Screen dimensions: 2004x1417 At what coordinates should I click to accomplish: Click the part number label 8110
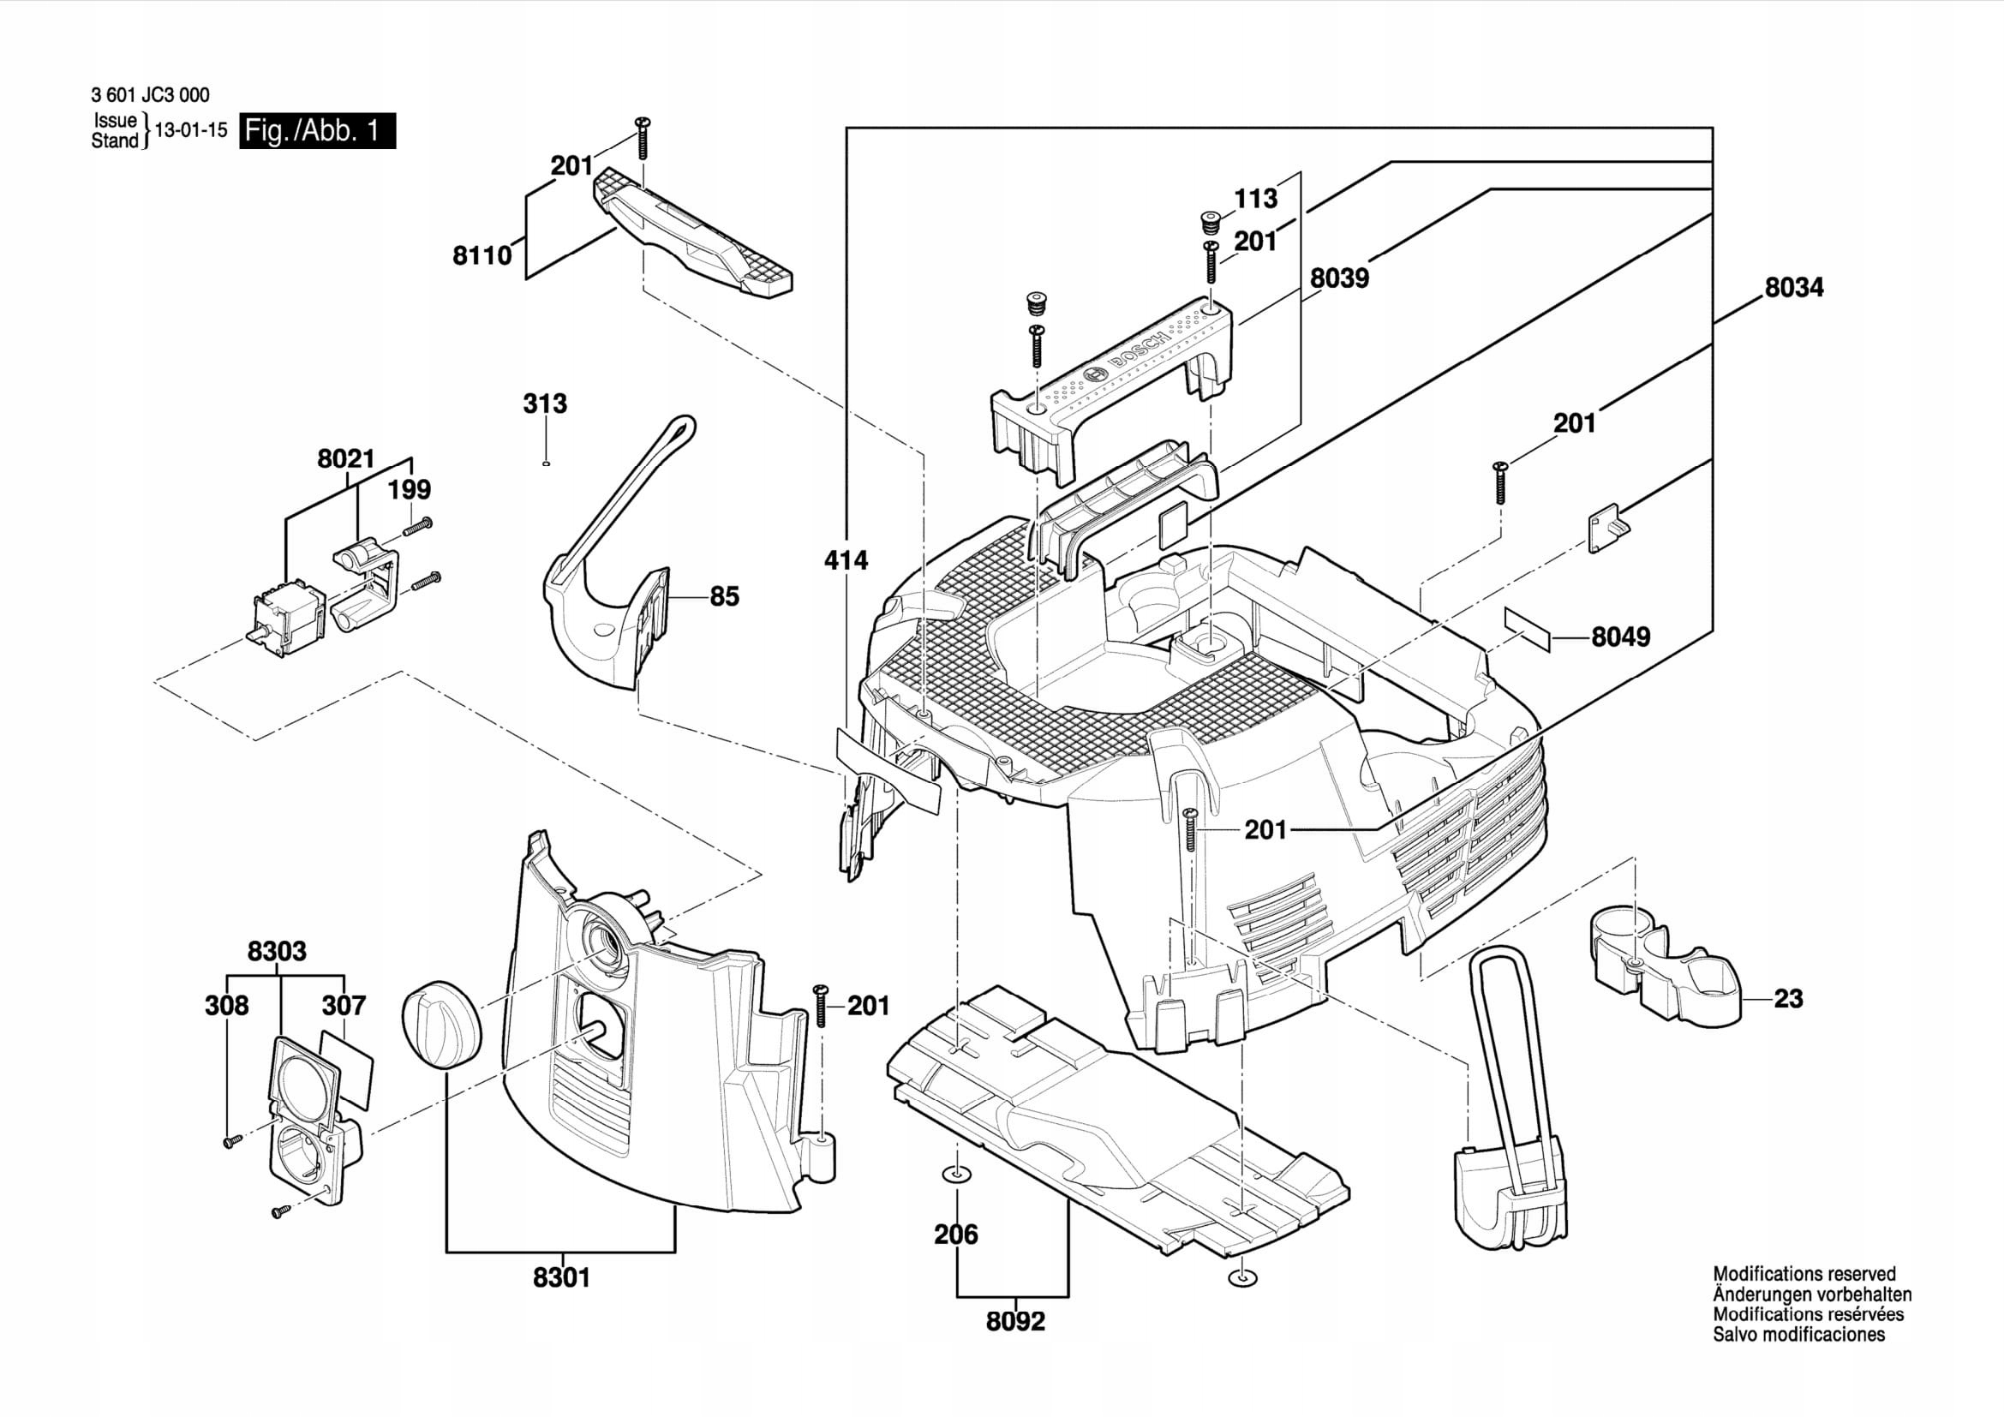[x=482, y=255]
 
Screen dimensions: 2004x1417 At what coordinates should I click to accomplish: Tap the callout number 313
[x=545, y=404]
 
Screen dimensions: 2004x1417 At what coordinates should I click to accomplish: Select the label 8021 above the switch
[x=345, y=458]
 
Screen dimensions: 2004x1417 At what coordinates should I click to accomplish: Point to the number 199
[x=410, y=488]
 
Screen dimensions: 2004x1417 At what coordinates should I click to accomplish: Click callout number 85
[x=725, y=597]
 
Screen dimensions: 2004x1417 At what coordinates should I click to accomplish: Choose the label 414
[x=846, y=560]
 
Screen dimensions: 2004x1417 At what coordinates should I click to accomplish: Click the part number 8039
[x=1340, y=278]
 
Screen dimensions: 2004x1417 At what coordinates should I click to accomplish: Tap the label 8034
[x=1793, y=287]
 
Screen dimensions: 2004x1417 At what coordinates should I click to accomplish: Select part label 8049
[x=1621, y=637]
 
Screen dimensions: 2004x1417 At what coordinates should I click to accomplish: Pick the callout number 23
[x=1788, y=998]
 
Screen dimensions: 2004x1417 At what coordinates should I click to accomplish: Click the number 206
[x=956, y=1235]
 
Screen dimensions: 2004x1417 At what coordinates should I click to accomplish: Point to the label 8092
[x=1015, y=1322]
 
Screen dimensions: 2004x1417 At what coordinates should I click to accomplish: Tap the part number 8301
[x=561, y=1278]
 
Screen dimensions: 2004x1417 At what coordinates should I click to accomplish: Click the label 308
[x=227, y=1005]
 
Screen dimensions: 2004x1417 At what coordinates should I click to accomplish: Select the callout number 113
[x=1255, y=199]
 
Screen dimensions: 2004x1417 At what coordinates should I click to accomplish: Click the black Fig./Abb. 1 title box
[x=317, y=131]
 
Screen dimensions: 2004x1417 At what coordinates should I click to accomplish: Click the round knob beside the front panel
[x=441, y=1023]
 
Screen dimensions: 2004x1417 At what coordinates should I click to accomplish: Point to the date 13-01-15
[x=191, y=131]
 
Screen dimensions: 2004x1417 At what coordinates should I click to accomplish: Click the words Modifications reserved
[x=1804, y=1274]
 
